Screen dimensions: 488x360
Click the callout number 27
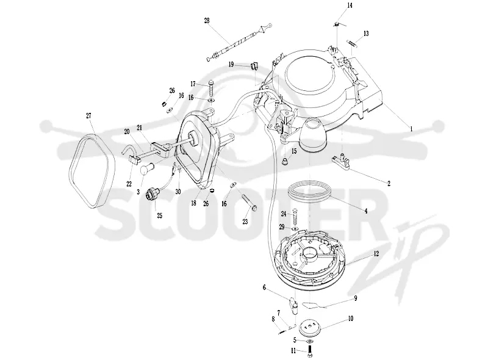pyautogui.click(x=88, y=116)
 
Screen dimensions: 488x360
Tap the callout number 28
pyautogui.click(x=207, y=21)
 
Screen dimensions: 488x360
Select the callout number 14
pyautogui.click(x=350, y=5)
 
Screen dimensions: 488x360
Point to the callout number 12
pyautogui.click(x=376, y=254)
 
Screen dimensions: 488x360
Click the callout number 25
pyautogui.click(x=160, y=215)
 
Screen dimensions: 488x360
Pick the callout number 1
pyautogui.click(x=411, y=128)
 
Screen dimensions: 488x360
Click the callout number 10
pyautogui.click(x=350, y=319)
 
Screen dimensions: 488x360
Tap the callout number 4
pyautogui.click(x=367, y=211)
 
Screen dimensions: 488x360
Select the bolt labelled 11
pyautogui.click(x=310, y=351)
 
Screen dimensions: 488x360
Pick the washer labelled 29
pyautogui.click(x=295, y=229)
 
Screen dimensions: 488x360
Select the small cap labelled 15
pyautogui.click(x=284, y=161)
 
